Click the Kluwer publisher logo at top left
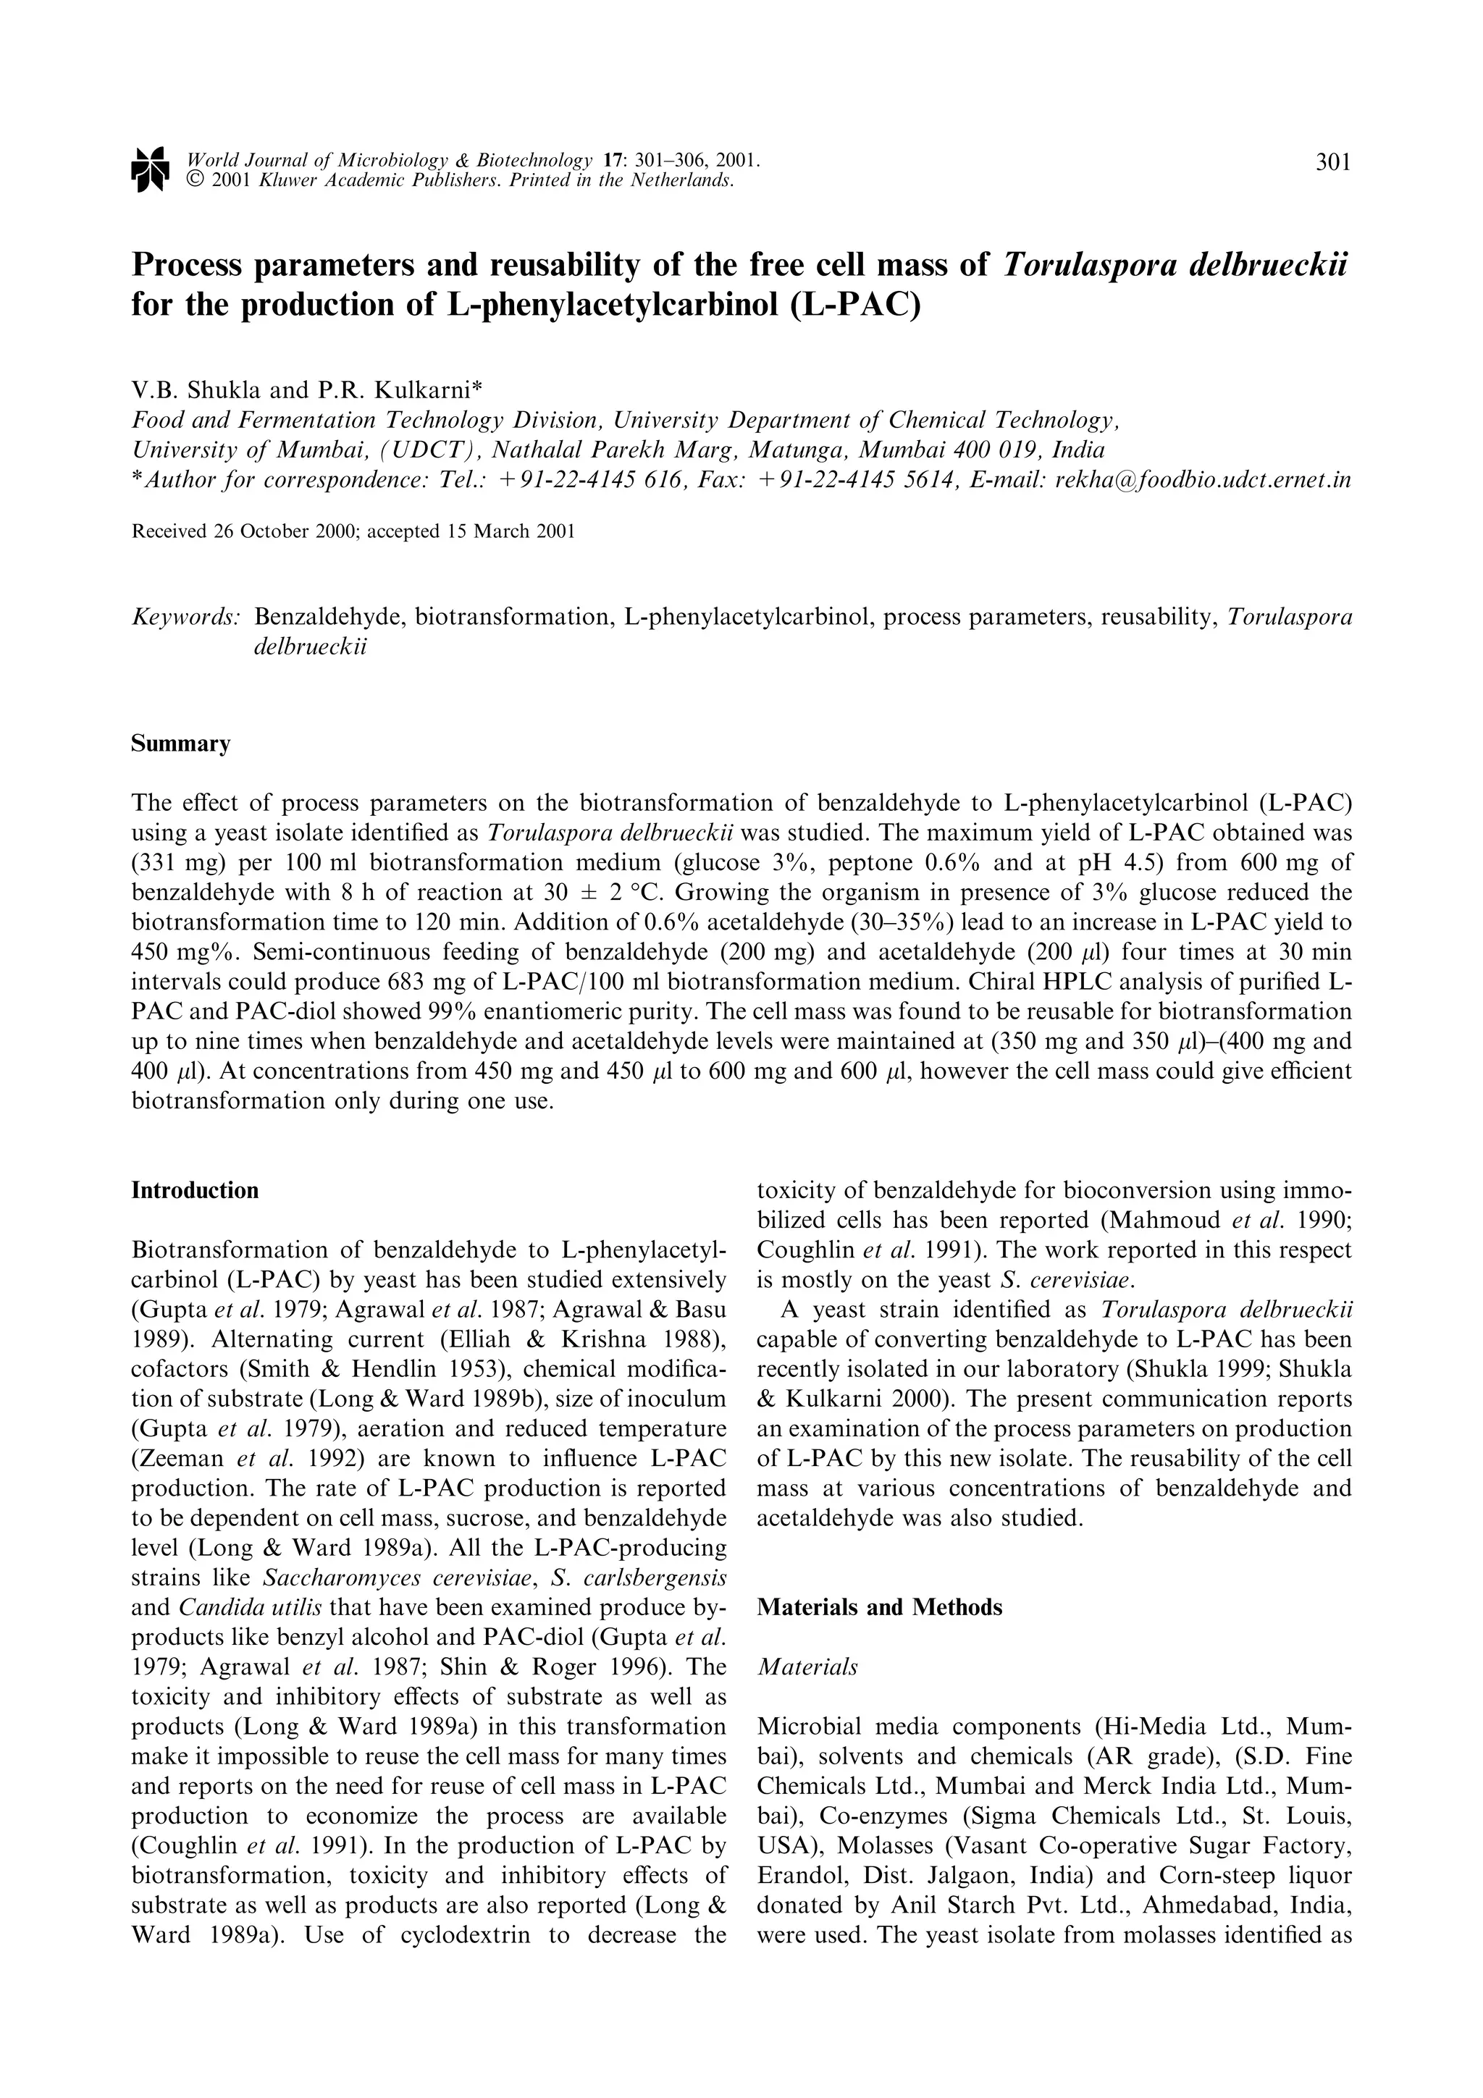click(x=150, y=169)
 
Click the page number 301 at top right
click(x=1332, y=163)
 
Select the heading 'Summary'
click(x=181, y=743)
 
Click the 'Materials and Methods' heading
click(x=879, y=1606)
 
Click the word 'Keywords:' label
click(x=186, y=617)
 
